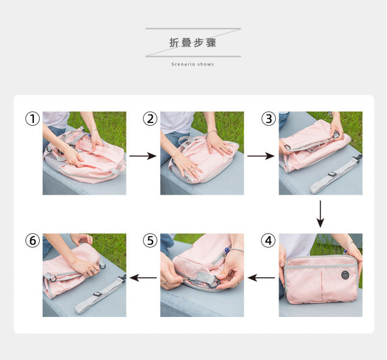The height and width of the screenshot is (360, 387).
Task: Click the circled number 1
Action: pyautogui.click(x=32, y=118)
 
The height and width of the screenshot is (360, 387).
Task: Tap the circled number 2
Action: pyautogui.click(x=150, y=118)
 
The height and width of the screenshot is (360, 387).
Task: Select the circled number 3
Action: pyautogui.click(x=268, y=118)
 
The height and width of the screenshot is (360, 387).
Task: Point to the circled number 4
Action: pyautogui.click(x=268, y=241)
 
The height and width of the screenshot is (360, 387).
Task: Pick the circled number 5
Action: pyautogui.click(x=150, y=241)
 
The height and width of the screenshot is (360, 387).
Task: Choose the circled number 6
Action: pyautogui.click(x=32, y=241)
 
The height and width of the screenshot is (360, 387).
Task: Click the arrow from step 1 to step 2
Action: pyautogui.click(x=143, y=156)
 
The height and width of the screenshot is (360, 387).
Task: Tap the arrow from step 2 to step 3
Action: pyautogui.click(x=261, y=156)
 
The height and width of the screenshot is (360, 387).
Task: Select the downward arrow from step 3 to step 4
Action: pyautogui.click(x=320, y=214)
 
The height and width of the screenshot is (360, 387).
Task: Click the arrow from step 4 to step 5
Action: pyautogui.click(x=261, y=278)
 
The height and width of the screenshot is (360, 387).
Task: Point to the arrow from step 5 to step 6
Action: pyautogui.click(x=143, y=278)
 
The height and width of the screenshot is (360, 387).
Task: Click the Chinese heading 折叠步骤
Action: pyautogui.click(x=193, y=43)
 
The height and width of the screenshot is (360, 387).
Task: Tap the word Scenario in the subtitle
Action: pyautogui.click(x=183, y=64)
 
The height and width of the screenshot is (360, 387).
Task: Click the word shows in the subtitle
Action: pyautogui.click(x=206, y=64)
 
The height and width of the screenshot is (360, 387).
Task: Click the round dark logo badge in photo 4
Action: pyautogui.click(x=345, y=275)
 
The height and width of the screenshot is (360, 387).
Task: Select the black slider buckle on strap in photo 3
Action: pyautogui.click(x=332, y=174)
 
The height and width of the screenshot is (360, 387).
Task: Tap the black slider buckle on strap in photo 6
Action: pyautogui.click(x=97, y=294)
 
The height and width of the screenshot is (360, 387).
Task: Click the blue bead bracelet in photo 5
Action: pyautogui.click(x=227, y=250)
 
